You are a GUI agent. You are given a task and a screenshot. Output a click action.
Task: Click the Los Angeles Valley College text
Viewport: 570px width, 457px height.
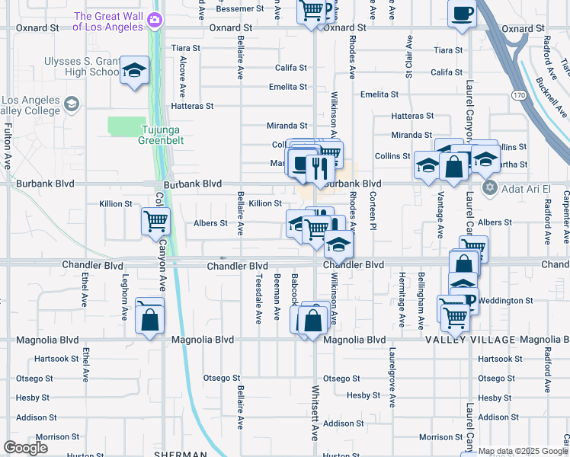pyautogui.click(x=30, y=106)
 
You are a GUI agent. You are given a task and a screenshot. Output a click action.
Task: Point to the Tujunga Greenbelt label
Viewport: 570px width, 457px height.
pyautogui.click(x=162, y=135)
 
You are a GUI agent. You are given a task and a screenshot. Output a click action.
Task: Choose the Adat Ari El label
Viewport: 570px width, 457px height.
pyautogui.click(x=527, y=187)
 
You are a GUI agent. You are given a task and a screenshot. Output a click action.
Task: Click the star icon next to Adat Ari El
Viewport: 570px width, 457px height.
pyautogui.click(x=489, y=187)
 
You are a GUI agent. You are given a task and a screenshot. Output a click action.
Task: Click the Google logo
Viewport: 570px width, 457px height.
pyautogui.click(x=25, y=448)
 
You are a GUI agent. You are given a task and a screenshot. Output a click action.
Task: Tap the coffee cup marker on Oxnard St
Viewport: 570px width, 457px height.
pyautogui.click(x=462, y=14)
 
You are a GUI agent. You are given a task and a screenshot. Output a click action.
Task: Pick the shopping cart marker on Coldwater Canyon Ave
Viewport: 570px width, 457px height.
pyautogui.click(x=155, y=222)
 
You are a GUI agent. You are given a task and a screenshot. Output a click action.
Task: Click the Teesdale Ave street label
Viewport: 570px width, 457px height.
pyautogui.click(x=259, y=297)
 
